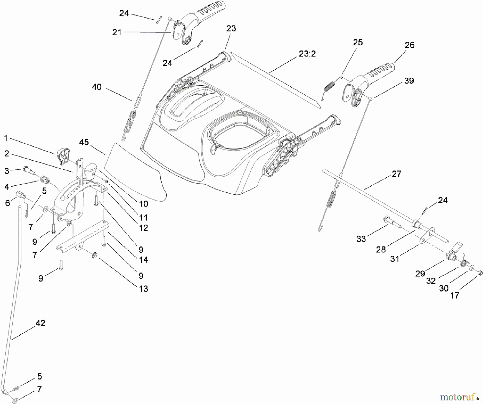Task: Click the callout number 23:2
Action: (307, 54)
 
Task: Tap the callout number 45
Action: (84, 142)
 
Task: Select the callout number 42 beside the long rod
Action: (40, 323)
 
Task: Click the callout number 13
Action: (144, 289)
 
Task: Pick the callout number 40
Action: (97, 87)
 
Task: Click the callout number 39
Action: (409, 81)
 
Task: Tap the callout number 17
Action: (455, 296)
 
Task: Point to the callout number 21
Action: (117, 32)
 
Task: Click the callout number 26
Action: (409, 45)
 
